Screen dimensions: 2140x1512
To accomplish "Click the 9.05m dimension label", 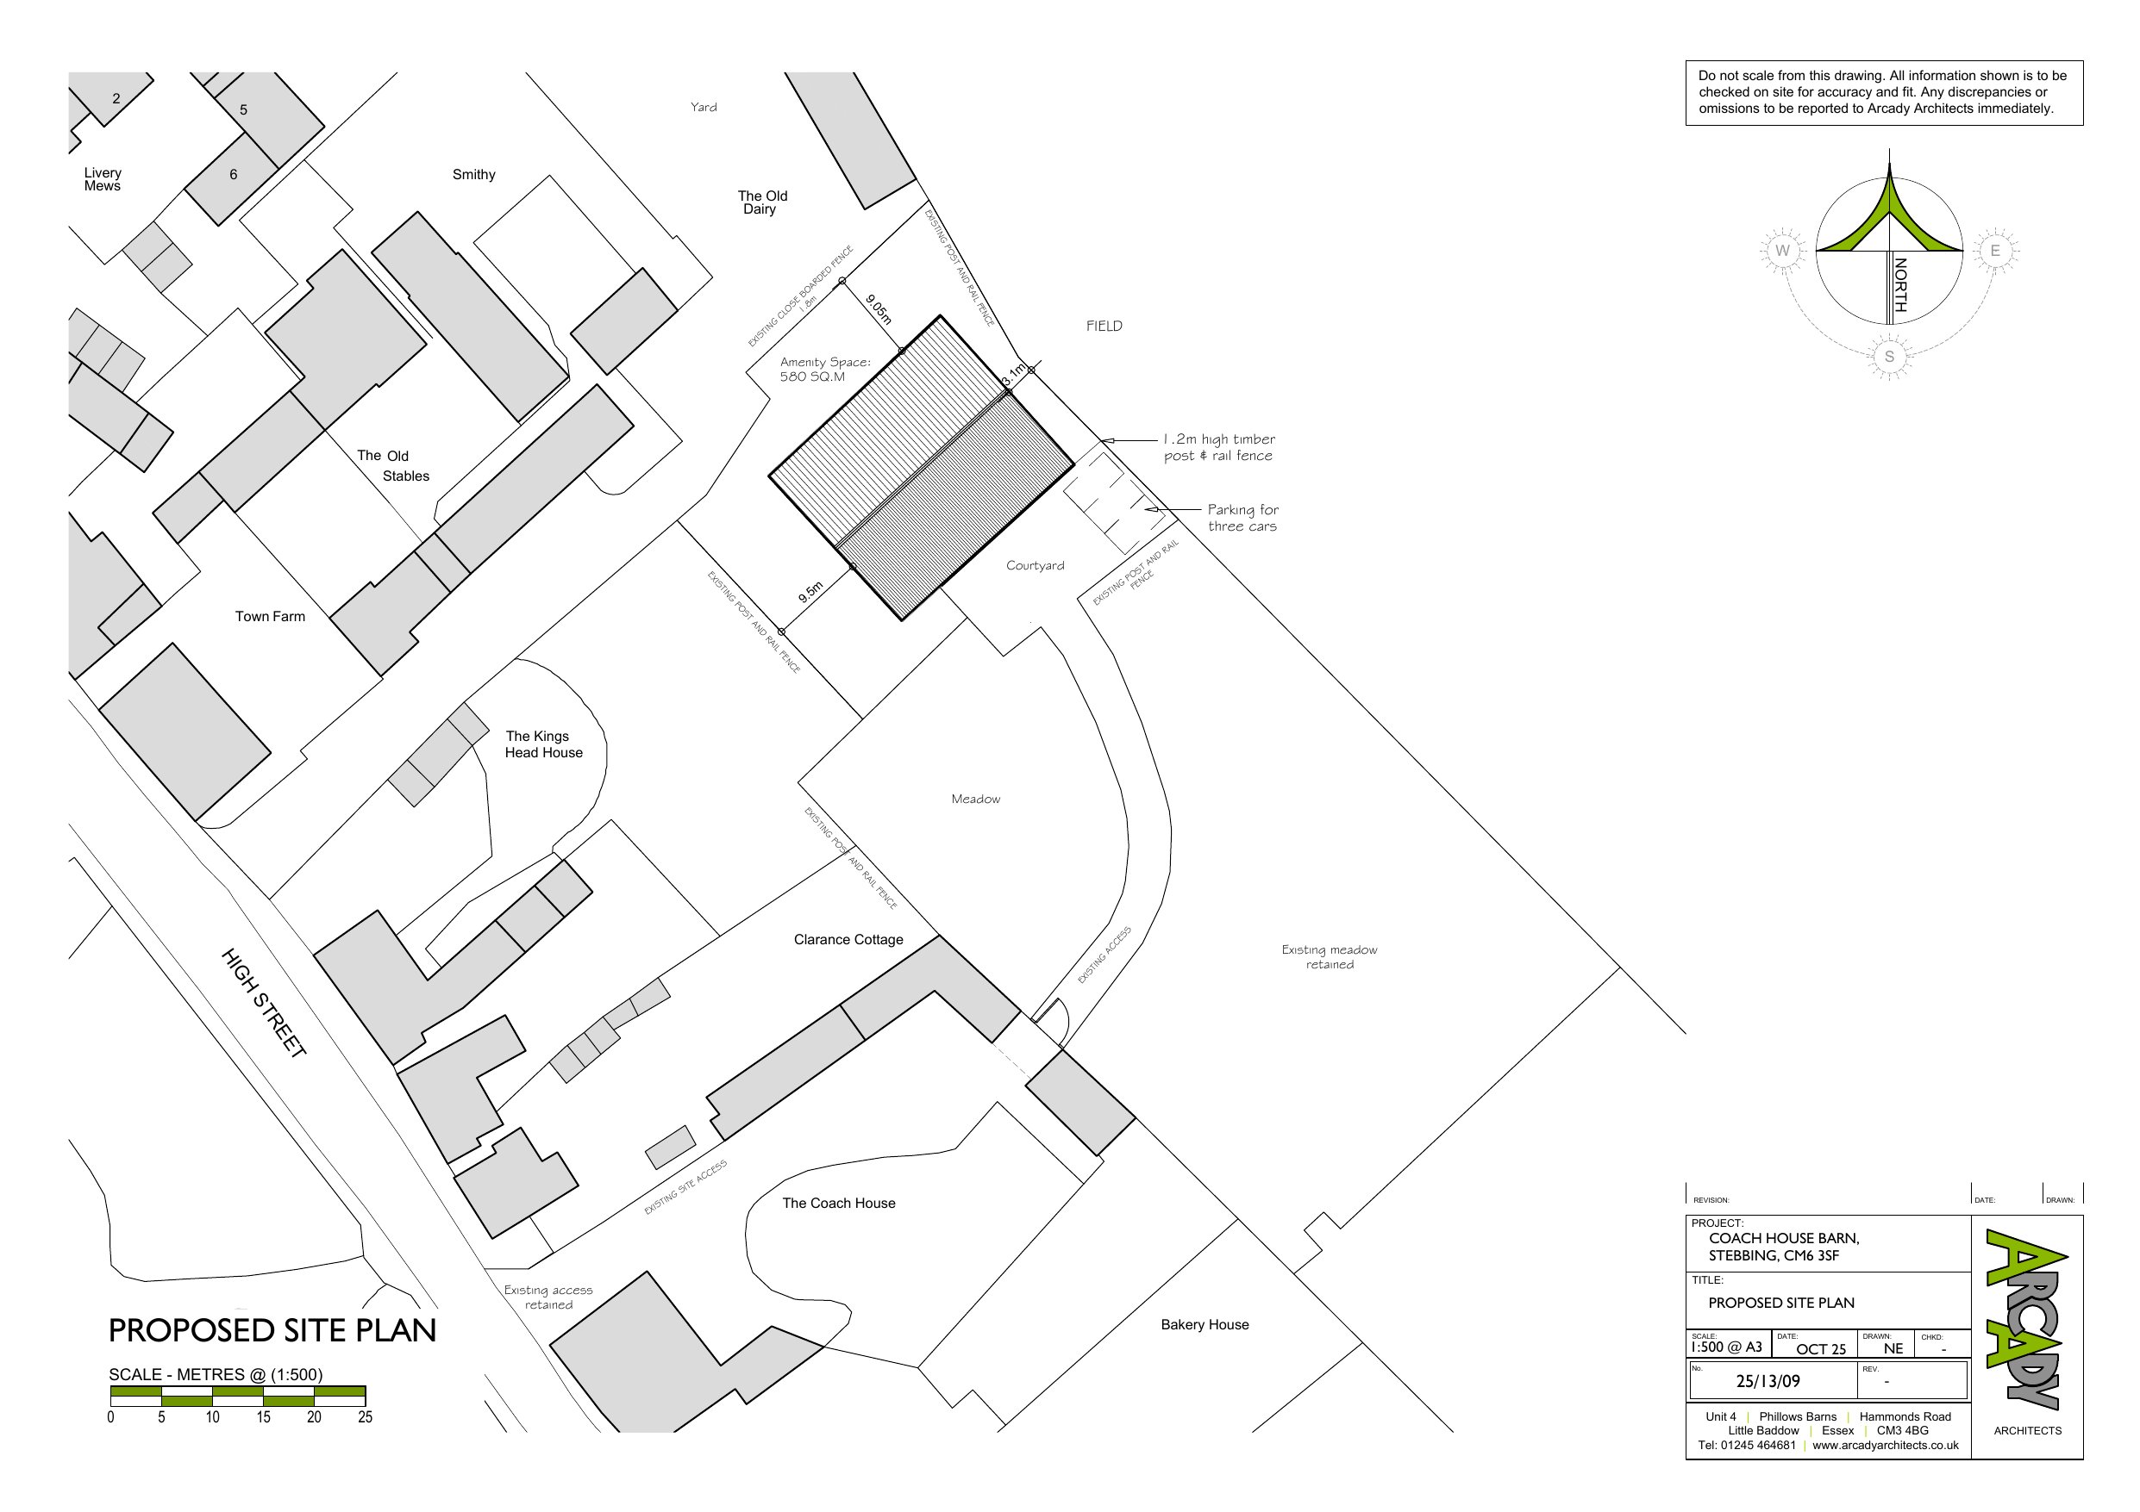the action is (x=878, y=309).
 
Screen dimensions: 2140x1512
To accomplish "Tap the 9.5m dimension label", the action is (x=810, y=592).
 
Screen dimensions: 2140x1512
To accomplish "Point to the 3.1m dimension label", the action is (x=1013, y=375).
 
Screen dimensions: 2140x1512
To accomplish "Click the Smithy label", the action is (x=473, y=174).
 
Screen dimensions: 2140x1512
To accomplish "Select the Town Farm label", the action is (x=269, y=616).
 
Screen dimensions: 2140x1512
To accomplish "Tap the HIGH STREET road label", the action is (x=264, y=1003).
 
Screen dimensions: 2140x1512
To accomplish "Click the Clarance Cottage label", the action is (x=848, y=939).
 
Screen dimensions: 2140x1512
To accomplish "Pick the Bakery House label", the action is (x=1205, y=1325).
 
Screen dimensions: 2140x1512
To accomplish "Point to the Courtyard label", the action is (x=1035, y=565).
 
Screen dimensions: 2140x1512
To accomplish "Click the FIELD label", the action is (x=1104, y=326).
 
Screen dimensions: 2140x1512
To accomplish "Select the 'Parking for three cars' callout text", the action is (x=1242, y=518).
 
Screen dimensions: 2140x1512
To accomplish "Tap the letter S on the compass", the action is (x=1889, y=357).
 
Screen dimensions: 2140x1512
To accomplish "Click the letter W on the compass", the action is (x=1782, y=251).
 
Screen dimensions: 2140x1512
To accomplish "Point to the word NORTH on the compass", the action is (x=1899, y=284).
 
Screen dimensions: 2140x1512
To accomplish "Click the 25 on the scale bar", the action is (x=365, y=1417).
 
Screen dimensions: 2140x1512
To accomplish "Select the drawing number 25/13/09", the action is (x=1768, y=1382).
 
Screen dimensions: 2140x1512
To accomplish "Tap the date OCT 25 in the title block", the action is (x=1820, y=1349).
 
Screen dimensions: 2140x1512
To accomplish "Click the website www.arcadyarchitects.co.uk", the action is (x=1885, y=1446).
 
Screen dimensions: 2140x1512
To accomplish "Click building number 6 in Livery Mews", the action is (x=233, y=174).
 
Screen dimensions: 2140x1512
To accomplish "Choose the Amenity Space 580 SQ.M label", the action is (x=825, y=369).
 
